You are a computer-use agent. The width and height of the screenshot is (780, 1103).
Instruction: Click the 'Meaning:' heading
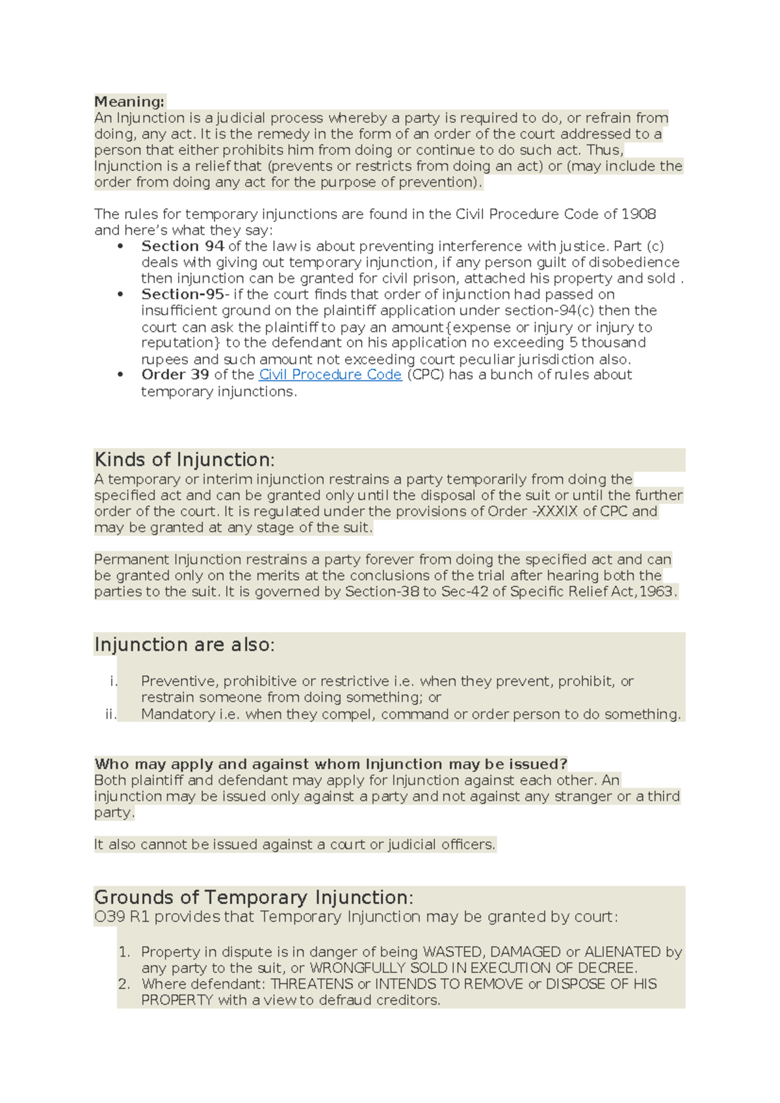(129, 101)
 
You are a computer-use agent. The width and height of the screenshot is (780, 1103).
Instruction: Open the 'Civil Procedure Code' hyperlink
(330, 375)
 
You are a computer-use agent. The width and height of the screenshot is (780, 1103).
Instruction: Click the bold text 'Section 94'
(183, 246)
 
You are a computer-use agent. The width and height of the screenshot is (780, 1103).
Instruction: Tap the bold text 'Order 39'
(175, 375)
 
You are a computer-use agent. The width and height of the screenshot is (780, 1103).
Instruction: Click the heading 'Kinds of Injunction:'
(184, 460)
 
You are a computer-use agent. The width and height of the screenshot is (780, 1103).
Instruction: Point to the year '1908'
(638, 215)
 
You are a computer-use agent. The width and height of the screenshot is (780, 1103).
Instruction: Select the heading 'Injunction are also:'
(184, 645)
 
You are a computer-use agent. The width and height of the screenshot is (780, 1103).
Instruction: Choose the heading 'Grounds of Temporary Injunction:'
(253, 897)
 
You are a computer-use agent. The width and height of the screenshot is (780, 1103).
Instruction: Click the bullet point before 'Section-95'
(120, 295)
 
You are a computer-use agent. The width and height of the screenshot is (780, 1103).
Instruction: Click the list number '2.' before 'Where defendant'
(125, 984)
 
